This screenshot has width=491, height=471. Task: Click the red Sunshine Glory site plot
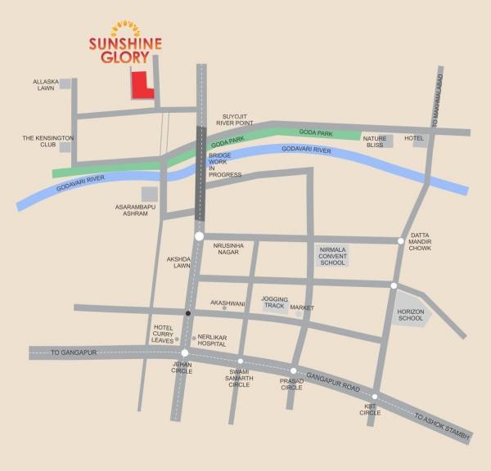point(142,86)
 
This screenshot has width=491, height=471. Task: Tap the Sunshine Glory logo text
point(125,50)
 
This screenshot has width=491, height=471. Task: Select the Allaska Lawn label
point(46,86)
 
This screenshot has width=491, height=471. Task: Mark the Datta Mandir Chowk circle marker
point(401,240)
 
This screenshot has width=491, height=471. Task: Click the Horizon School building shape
point(410,312)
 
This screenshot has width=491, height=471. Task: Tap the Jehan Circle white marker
point(185,353)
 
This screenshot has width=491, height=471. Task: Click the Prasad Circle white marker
point(293,370)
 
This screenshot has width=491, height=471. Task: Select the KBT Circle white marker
point(375,397)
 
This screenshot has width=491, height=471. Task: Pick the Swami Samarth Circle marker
point(241,361)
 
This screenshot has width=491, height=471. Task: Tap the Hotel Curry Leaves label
point(164,334)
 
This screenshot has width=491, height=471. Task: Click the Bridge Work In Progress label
point(224,164)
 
